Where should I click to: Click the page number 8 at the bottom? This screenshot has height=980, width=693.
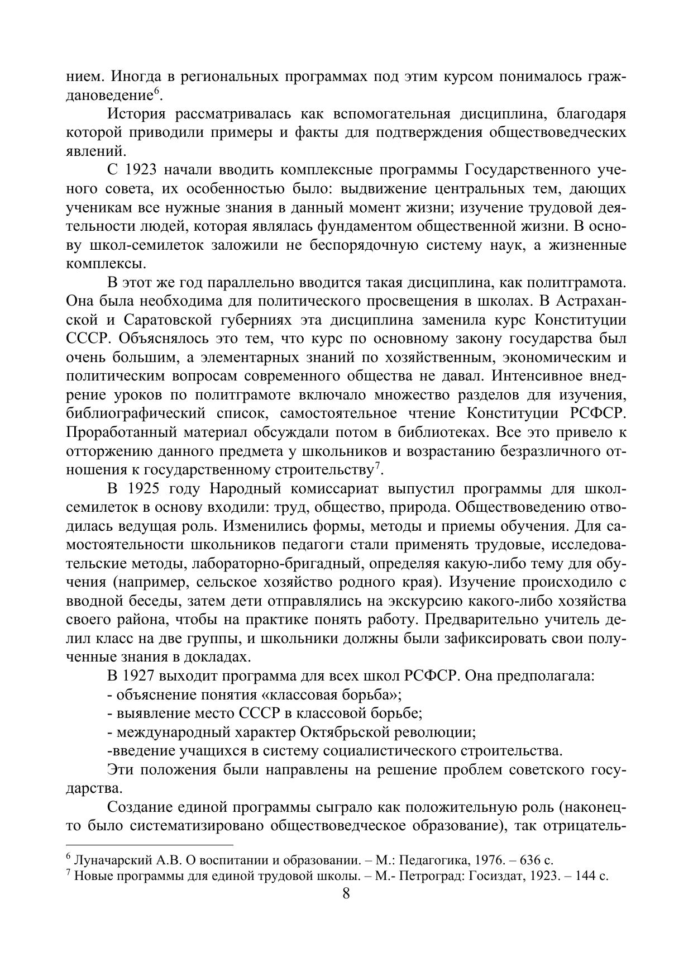pos(346,893)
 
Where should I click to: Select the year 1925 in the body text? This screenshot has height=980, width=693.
pos(146,489)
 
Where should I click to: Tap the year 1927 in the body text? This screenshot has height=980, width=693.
pos(139,676)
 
